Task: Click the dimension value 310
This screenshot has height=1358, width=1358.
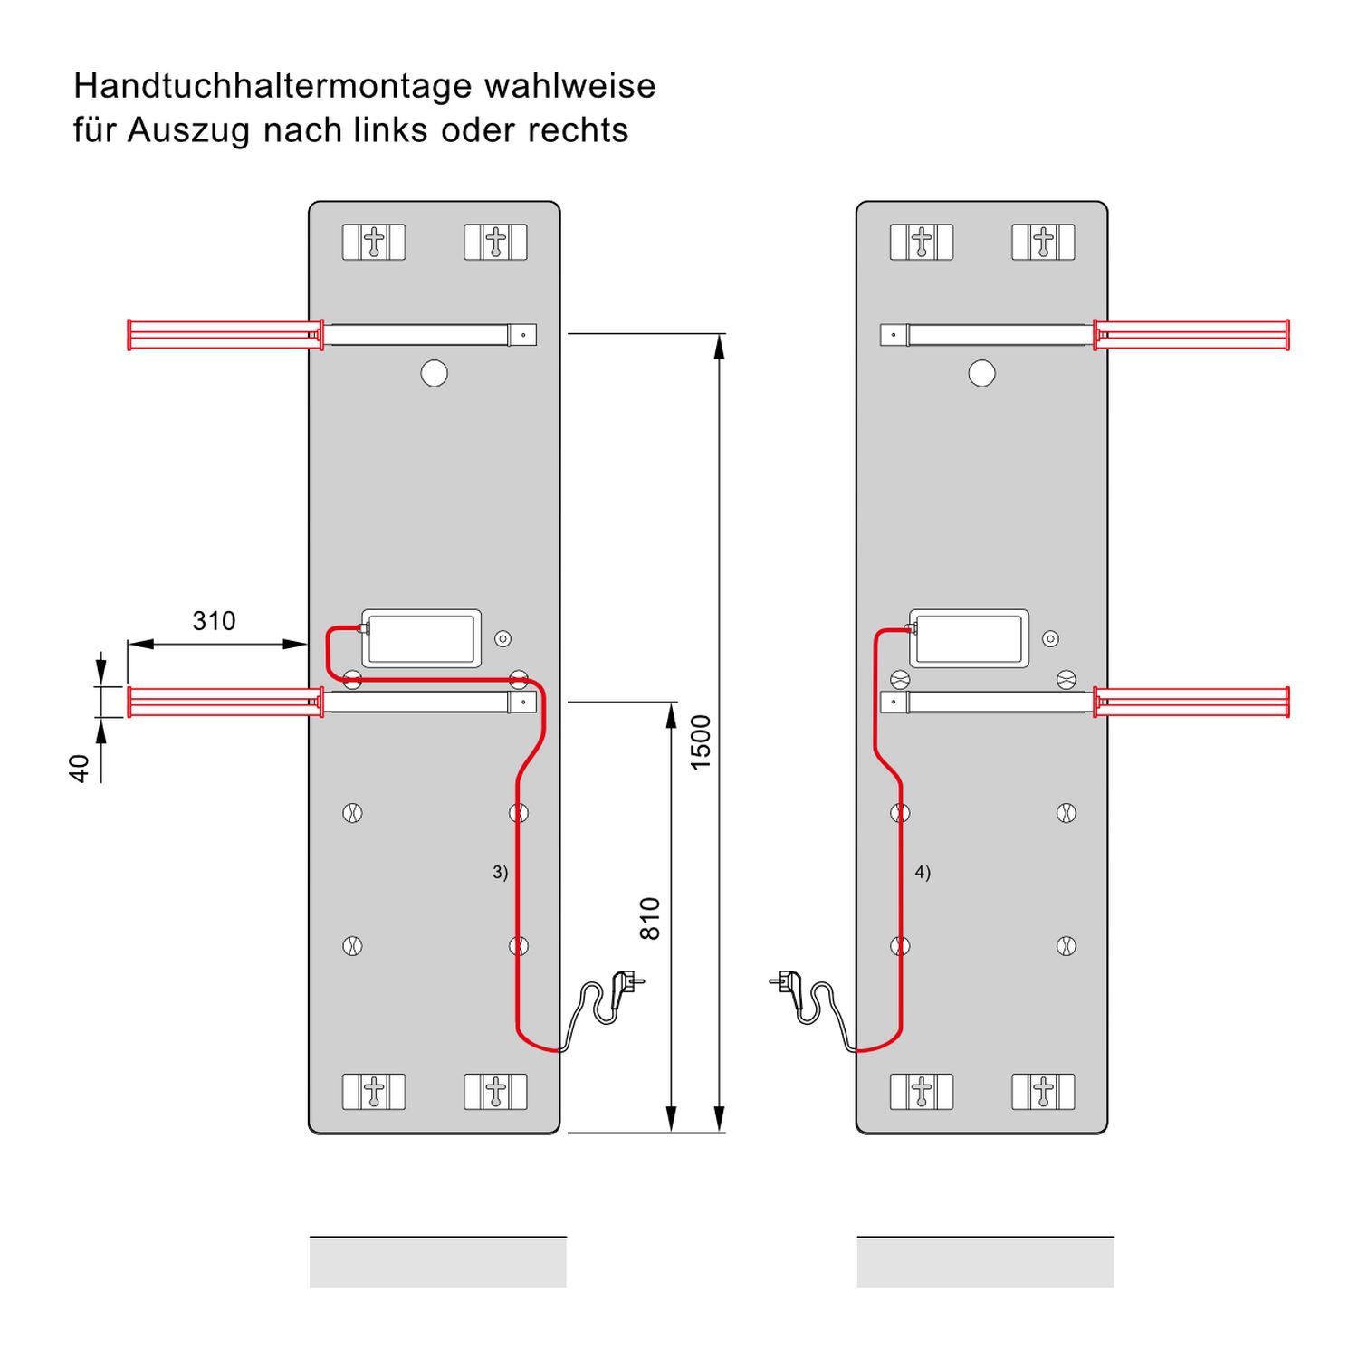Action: point(214,621)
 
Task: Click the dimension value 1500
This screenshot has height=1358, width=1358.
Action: point(701,742)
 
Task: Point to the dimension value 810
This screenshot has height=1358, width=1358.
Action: point(650,918)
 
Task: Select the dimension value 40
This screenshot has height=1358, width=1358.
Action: point(80,768)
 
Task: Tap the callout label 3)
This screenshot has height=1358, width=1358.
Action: point(500,872)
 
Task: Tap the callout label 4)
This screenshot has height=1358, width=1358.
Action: point(923,872)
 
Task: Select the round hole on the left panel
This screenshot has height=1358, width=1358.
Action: point(435,373)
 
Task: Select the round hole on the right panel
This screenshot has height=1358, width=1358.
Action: point(981,373)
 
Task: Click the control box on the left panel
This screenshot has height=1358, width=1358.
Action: point(421,638)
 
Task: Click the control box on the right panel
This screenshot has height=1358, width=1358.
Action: point(969,638)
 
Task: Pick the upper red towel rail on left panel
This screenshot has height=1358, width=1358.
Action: point(225,334)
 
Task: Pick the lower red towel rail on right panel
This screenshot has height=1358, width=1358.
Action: point(1191,702)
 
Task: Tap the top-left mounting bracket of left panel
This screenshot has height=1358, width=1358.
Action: point(374,243)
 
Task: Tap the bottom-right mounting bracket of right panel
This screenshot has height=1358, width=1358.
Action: point(1043,1092)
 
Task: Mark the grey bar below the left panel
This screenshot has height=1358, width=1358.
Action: point(437,1262)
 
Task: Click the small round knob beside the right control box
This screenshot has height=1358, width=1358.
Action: point(1050,639)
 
